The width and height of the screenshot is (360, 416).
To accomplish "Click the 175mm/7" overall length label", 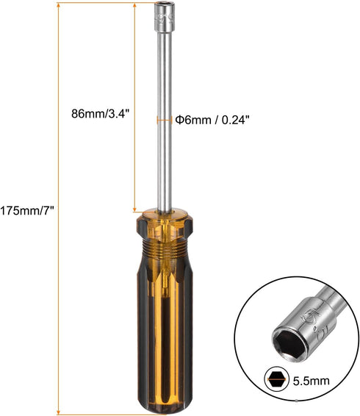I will (x=27, y=209).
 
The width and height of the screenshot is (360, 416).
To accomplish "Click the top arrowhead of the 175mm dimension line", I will (x=57, y=4).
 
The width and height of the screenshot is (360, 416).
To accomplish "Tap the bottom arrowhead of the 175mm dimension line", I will (x=57, y=412).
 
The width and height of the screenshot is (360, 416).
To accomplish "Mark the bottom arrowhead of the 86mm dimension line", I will (x=134, y=210).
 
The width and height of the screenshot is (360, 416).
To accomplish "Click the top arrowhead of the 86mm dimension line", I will (x=134, y=4).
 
